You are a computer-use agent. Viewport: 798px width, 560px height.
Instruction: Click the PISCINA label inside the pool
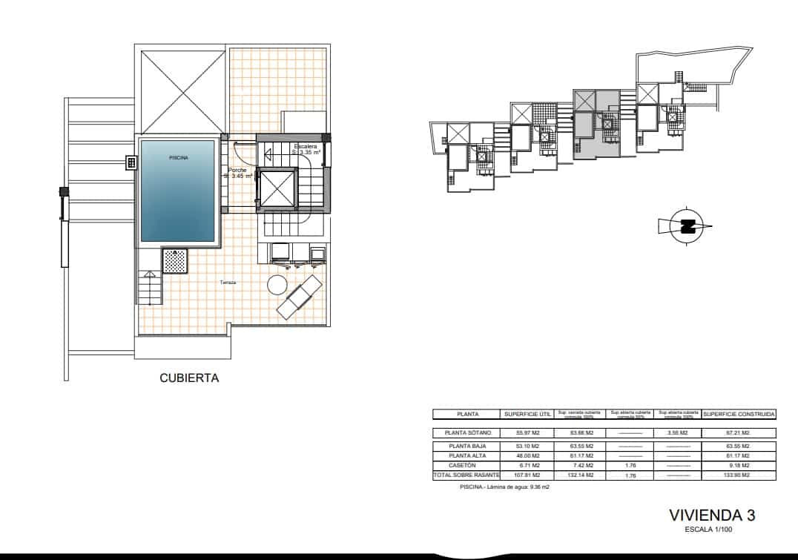[178, 157]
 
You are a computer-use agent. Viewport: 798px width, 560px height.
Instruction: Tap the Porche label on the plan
[237, 171]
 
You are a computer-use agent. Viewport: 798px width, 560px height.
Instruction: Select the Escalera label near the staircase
[306, 147]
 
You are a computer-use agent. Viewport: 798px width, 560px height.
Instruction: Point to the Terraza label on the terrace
[228, 283]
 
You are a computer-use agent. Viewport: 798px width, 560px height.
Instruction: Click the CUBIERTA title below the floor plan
[189, 378]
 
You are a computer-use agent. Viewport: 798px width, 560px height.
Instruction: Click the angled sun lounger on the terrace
[299, 296]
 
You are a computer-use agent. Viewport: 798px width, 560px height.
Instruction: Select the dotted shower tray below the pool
[175, 261]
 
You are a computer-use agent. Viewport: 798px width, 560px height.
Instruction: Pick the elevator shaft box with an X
[276, 189]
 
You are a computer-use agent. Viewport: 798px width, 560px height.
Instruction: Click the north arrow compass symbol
[687, 225]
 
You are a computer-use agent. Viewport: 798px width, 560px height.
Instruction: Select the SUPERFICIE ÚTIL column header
[527, 414]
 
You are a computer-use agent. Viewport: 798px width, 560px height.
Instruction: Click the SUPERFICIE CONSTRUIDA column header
[739, 414]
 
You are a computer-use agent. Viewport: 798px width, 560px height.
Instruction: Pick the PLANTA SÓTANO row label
[467, 432]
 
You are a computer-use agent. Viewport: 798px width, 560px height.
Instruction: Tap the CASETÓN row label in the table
[467, 464]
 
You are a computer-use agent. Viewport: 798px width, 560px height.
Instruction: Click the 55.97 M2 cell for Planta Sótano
[527, 432]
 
